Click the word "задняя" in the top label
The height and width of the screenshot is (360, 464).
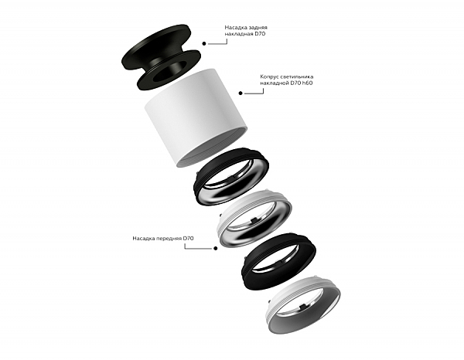pyautogui.click(x=258, y=28)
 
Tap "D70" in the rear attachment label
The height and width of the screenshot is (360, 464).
pyautogui.click(x=260, y=34)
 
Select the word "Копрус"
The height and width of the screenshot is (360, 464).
pyautogui.click(x=269, y=76)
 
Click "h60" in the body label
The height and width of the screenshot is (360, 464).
pyautogui.click(x=307, y=83)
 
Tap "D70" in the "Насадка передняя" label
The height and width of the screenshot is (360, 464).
pyautogui.click(x=188, y=238)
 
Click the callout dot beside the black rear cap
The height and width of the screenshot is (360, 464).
pyautogui.click(x=204, y=43)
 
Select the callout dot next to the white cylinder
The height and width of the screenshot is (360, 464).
pyautogui.click(x=241, y=93)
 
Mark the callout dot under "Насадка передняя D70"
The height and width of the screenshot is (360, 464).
pyautogui.click(x=216, y=248)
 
